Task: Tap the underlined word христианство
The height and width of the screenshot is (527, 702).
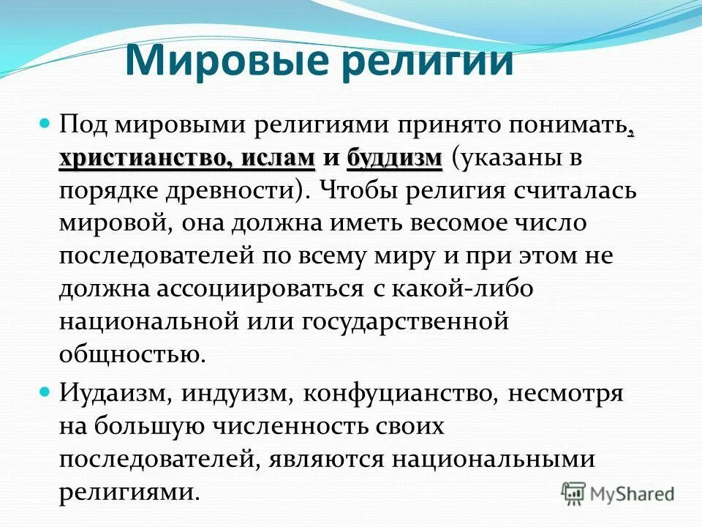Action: point(151,159)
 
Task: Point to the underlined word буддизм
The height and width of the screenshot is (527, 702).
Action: point(395,159)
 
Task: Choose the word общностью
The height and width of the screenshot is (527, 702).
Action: point(129,354)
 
